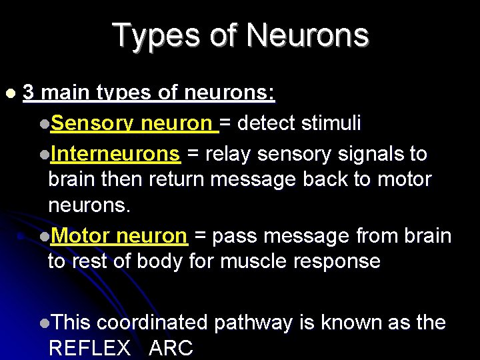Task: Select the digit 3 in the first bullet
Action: pos(29,93)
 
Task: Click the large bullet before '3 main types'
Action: pos(9,93)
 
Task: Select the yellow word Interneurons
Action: pos(115,154)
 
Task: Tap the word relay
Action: pos(228,154)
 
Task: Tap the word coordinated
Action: pos(152,323)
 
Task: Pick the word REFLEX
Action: pos(89,347)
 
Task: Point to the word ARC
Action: pos(171,347)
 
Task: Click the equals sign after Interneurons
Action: pos(192,155)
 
